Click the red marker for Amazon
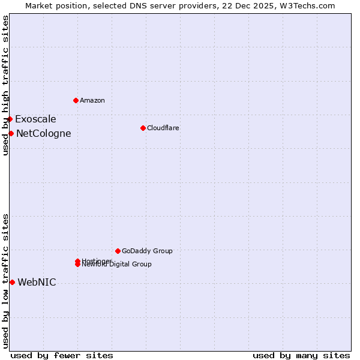[76, 100]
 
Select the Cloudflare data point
[143, 128]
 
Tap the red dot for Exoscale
[10, 119]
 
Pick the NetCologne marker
[11, 133]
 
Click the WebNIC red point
[12, 282]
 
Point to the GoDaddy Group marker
[118, 251]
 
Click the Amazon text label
[92, 100]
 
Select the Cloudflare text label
[163, 128]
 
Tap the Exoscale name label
[35, 119]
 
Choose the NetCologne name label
[43, 134]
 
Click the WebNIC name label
[37, 283]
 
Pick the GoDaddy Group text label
[147, 251]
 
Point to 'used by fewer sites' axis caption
[62, 355]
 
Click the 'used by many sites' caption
[301, 355]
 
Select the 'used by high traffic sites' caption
[6, 86]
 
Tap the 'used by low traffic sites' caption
[6, 280]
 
